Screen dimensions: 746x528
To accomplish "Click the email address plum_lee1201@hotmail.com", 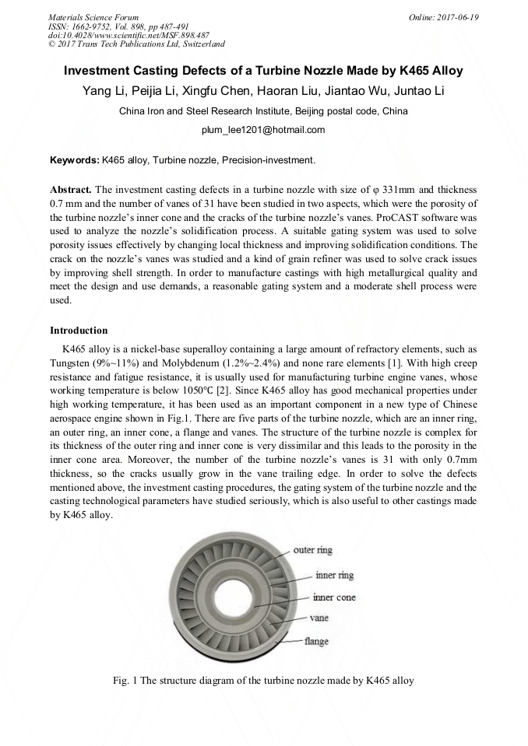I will pos(263,130).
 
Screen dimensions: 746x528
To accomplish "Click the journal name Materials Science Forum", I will pos(93,16).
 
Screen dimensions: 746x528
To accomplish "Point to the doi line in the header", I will pos(128,35).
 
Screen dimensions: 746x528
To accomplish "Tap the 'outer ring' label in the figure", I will pos(313,550).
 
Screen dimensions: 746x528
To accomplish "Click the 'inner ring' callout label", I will pos(334,576).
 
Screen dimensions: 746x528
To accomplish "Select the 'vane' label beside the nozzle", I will pos(319,618).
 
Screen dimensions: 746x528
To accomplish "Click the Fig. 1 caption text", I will pos(263,681).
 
